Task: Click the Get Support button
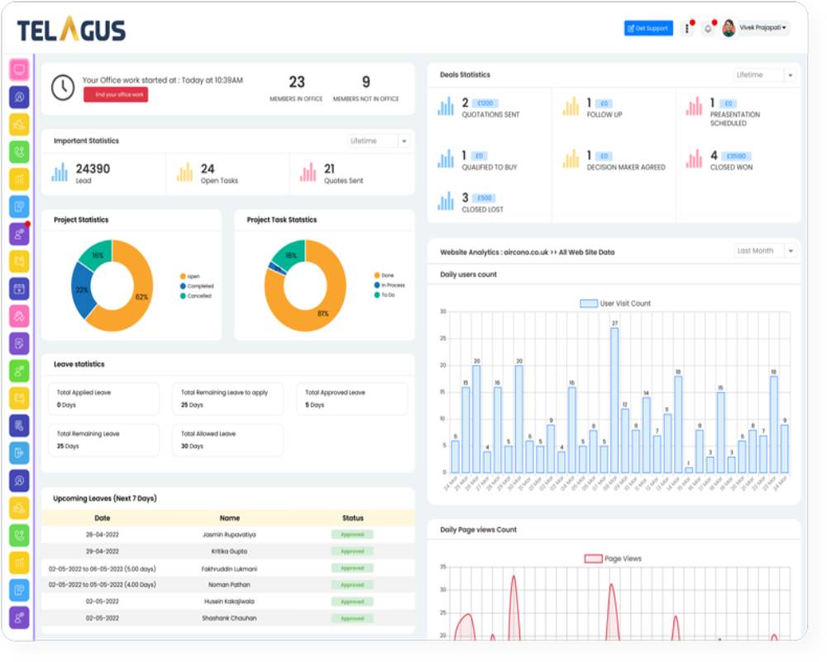[x=648, y=28]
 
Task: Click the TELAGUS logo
[x=71, y=31]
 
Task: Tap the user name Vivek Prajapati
[x=761, y=28]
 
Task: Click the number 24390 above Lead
[x=93, y=169]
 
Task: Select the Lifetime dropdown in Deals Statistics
[x=766, y=75]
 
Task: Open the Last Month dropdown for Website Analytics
[x=766, y=251]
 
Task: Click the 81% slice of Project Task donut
[x=318, y=310]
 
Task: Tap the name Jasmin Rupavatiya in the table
[x=229, y=535]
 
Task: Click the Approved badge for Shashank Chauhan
[x=352, y=618]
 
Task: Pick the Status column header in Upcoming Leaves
[x=352, y=518]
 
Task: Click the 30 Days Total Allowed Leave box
[x=227, y=439]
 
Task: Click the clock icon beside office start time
[x=63, y=87]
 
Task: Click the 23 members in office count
[x=296, y=83]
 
